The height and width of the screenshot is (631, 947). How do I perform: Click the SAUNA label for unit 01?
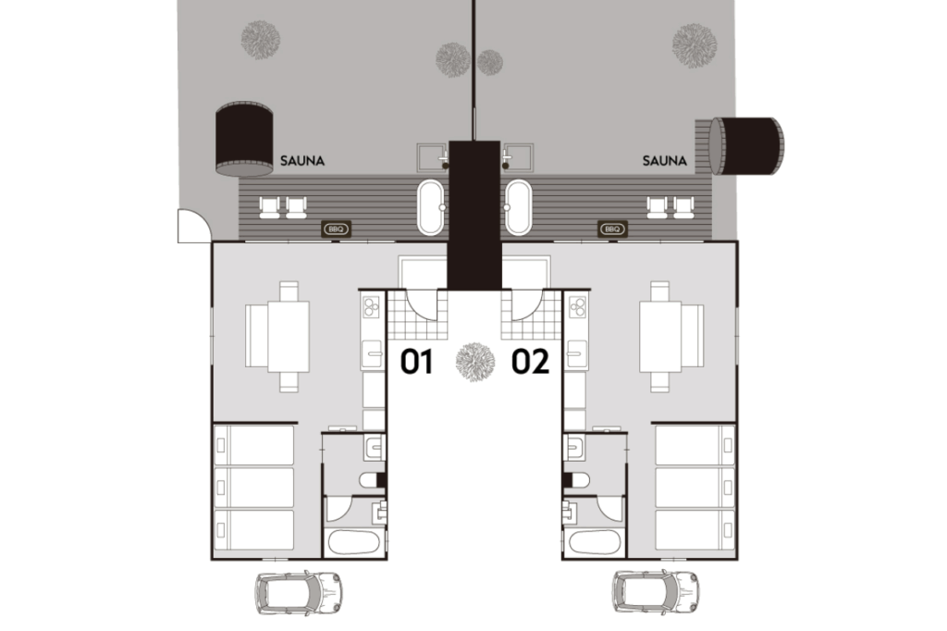302,161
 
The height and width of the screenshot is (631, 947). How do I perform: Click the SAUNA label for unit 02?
664,161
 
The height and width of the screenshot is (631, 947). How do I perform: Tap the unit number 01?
417,362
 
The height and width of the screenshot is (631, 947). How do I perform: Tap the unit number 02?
530,362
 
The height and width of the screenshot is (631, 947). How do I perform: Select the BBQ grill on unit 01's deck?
336,229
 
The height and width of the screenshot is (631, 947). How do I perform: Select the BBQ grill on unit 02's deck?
612,229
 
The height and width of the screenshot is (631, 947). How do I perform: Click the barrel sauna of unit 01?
244,140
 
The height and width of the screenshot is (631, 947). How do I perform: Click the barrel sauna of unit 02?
746,146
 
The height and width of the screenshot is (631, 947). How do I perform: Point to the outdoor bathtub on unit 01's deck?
431,206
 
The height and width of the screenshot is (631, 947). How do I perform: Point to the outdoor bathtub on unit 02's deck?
519,206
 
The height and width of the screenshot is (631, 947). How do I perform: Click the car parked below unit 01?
299,592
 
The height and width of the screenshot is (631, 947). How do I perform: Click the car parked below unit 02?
656,592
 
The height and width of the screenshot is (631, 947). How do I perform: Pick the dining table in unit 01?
289,337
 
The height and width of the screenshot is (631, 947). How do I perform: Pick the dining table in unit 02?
660,337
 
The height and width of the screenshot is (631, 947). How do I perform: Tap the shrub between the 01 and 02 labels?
475,362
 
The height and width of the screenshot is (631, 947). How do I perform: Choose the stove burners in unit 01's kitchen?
371,307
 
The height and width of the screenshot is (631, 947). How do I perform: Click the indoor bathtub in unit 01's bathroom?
354,542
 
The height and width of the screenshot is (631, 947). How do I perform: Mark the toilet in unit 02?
576,480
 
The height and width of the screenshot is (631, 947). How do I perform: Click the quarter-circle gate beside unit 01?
193,226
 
